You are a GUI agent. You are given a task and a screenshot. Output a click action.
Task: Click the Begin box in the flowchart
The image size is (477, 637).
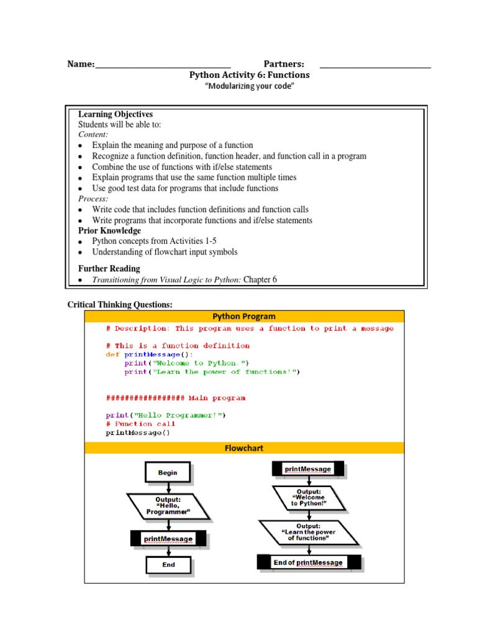168,473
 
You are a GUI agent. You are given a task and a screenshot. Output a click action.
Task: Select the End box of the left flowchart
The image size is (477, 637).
168,565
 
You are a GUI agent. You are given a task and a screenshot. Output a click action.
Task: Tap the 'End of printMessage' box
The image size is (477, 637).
308,562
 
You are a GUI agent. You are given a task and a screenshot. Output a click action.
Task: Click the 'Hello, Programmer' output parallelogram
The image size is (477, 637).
168,506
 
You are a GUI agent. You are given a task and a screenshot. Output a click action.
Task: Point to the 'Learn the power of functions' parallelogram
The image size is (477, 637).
308,532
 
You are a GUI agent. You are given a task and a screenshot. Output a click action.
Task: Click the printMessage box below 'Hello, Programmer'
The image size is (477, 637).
168,539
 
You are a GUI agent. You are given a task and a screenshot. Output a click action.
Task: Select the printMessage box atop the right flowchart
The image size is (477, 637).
308,468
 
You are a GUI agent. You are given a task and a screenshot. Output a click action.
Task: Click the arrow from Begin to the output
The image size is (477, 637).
168,488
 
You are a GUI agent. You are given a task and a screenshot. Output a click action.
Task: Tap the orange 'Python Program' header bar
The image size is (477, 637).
244,316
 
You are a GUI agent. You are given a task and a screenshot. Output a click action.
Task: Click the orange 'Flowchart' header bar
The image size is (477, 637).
244,448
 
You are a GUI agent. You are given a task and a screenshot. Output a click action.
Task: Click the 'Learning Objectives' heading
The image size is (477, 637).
116,114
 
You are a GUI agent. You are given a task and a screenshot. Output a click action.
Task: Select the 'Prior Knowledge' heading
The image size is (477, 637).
109,231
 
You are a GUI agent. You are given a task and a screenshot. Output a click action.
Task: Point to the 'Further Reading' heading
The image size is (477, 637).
109,269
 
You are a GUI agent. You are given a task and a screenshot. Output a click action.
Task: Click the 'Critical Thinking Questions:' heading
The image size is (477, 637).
120,304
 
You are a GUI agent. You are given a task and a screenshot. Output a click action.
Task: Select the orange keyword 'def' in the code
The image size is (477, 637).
112,354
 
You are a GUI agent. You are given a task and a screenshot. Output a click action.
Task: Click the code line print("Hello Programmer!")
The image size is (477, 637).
166,415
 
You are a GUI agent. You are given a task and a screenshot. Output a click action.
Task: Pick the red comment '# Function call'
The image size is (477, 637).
140,424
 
